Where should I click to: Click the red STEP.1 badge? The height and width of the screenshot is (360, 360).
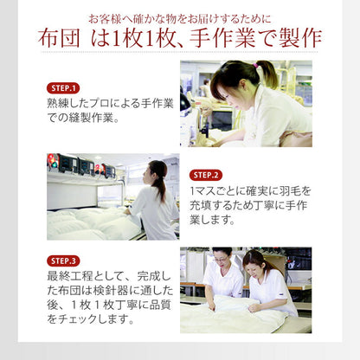63,88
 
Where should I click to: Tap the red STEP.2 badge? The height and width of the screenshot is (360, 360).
207,174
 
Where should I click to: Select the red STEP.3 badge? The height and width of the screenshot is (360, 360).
63,260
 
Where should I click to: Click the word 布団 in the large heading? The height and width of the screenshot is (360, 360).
59,39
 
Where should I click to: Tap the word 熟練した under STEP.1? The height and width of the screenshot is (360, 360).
69,104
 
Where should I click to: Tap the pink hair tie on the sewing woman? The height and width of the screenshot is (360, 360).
257,66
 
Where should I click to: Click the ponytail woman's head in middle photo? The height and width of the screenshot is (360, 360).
157,172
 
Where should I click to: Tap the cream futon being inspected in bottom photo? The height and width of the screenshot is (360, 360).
234,316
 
